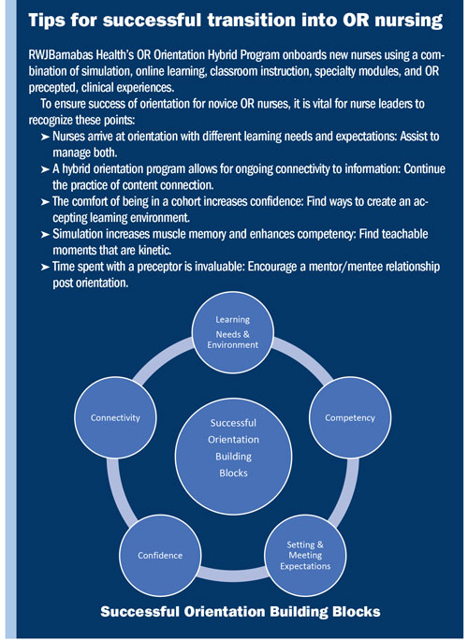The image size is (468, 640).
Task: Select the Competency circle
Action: pyautogui.click(x=349, y=416)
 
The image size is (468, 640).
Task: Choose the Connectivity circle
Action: pyautogui.click(x=115, y=417)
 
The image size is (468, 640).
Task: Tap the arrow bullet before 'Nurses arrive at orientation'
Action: pyautogui.click(x=46, y=137)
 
